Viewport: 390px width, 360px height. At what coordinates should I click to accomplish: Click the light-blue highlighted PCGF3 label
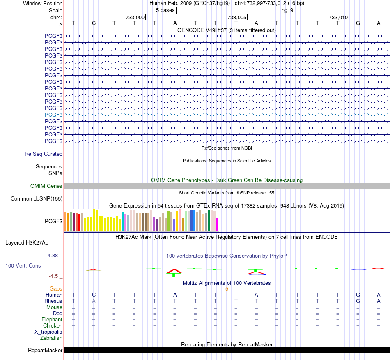[53, 115]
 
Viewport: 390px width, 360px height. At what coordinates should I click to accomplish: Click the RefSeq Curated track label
[44, 154]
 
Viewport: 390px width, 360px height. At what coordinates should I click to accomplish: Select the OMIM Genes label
[46, 186]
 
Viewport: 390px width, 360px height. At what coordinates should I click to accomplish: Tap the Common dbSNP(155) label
[37, 198]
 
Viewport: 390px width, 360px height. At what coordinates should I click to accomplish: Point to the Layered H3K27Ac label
[27, 243]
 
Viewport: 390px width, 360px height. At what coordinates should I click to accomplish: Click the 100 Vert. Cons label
[23, 265]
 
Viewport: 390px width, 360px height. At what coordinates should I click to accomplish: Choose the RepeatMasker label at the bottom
[45, 350]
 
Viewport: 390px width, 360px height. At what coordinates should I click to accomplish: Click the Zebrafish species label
[51, 338]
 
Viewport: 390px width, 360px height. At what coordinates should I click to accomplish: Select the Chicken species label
[53, 325]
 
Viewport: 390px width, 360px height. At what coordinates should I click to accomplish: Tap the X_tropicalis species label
[48, 332]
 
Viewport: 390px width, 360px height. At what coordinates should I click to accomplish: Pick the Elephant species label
[52, 319]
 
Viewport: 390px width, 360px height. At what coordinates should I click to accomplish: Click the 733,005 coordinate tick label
[237, 17]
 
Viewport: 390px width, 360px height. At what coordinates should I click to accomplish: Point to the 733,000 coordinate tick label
[135, 17]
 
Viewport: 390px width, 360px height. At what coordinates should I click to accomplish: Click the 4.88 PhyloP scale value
[53, 256]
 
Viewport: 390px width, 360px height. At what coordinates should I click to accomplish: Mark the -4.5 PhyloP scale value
[53, 276]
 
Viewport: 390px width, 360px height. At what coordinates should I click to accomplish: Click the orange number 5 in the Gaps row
[227, 289]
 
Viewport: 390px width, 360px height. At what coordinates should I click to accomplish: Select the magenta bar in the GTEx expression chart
[218, 224]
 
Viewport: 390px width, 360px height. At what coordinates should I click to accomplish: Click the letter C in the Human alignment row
[94, 295]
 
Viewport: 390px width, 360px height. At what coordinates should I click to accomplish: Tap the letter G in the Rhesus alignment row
[358, 301]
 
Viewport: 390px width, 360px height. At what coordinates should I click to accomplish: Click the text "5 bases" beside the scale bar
[165, 10]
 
